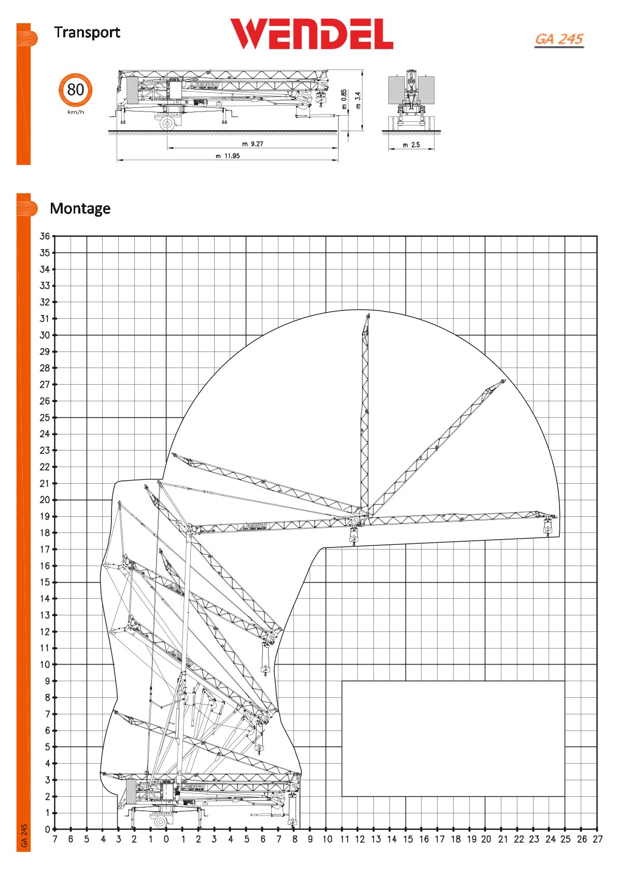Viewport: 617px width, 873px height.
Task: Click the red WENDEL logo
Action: (311, 34)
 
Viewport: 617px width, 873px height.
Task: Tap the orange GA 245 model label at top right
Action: (559, 39)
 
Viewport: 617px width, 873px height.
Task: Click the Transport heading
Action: (87, 32)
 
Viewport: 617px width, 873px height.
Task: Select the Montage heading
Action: (80, 208)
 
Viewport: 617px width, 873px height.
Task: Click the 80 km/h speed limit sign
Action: (76, 90)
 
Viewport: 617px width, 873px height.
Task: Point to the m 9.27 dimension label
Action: (253, 144)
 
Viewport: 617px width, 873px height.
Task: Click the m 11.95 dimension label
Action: (228, 156)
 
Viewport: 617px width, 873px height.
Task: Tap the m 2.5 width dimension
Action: (411, 145)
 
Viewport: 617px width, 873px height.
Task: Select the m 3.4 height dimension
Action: (358, 100)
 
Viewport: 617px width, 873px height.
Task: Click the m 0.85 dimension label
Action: (344, 99)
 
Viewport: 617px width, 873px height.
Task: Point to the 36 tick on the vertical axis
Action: (45, 236)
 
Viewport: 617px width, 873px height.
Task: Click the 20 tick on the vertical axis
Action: (45, 500)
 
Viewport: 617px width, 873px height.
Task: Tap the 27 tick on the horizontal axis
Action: (598, 839)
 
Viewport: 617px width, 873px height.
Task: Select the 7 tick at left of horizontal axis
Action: (55, 839)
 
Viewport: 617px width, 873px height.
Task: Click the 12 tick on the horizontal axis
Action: (359, 839)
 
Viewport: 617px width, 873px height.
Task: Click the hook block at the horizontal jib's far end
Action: (548, 528)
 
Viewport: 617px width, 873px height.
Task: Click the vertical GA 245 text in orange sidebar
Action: (24, 836)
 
